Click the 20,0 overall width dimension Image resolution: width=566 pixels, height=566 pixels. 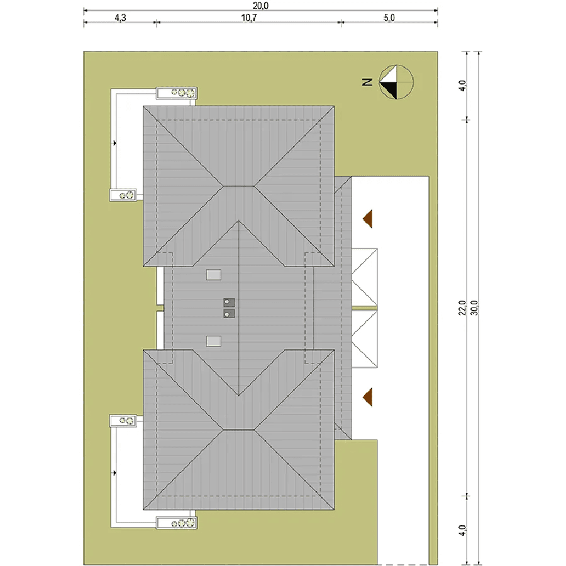[x=260, y=6]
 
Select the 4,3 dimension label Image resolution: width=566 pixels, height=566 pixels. [x=121, y=18]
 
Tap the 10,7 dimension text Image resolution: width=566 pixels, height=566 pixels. [x=248, y=18]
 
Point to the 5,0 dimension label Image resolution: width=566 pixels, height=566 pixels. [x=389, y=18]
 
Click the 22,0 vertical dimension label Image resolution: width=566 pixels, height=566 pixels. [x=462, y=308]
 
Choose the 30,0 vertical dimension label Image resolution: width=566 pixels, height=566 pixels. [x=474, y=308]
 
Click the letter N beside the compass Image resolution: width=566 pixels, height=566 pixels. [x=367, y=82]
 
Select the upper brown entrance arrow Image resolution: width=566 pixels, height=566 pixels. [x=367, y=219]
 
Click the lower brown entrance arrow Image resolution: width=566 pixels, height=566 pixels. [x=367, y=397]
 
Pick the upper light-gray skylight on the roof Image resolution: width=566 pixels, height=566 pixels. [x=214, y=275]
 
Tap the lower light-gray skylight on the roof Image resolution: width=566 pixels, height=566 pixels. [x=214, y=341]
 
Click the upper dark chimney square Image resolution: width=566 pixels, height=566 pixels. [x=229, y=302]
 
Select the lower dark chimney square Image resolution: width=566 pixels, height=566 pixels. [x=229, y=313]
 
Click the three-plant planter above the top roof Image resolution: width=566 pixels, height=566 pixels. [x=177, y=93]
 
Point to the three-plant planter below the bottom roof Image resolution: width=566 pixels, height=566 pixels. [x=177, y=523]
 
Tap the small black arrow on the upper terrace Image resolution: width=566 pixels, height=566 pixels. [x=114, y=143]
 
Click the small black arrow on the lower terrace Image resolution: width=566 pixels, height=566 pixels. [x=114, y=473]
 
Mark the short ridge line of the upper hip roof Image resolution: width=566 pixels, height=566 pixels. [x=238, y=186]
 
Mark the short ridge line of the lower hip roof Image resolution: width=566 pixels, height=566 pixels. [x=238, y=430]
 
